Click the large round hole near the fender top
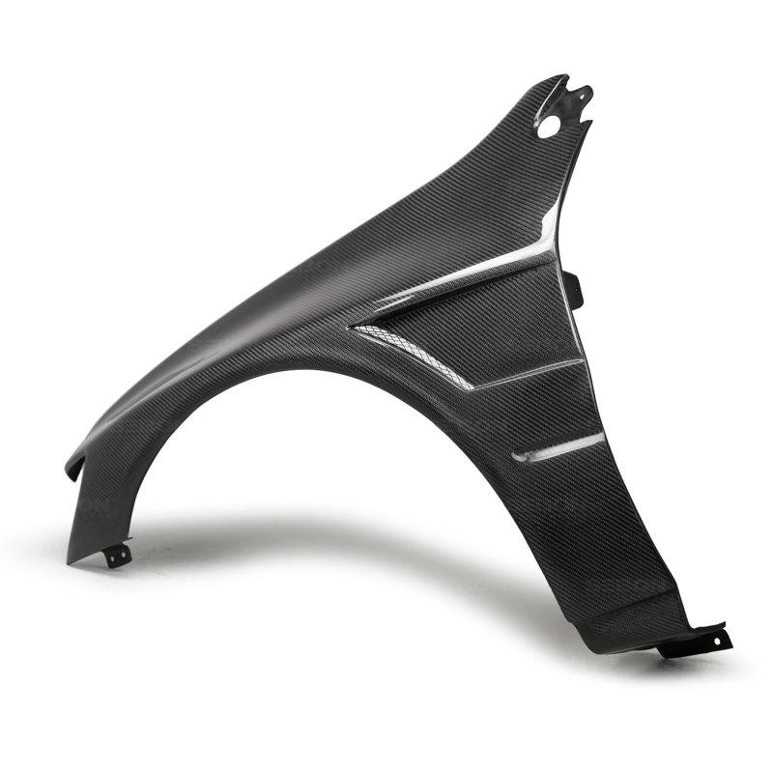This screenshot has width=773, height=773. [x=549, y=125]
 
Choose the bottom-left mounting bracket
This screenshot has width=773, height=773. [x=118, y=556]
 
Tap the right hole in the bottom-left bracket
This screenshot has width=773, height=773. [x=124, y=552]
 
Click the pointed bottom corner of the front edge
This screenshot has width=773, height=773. [x=70, y=561]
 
